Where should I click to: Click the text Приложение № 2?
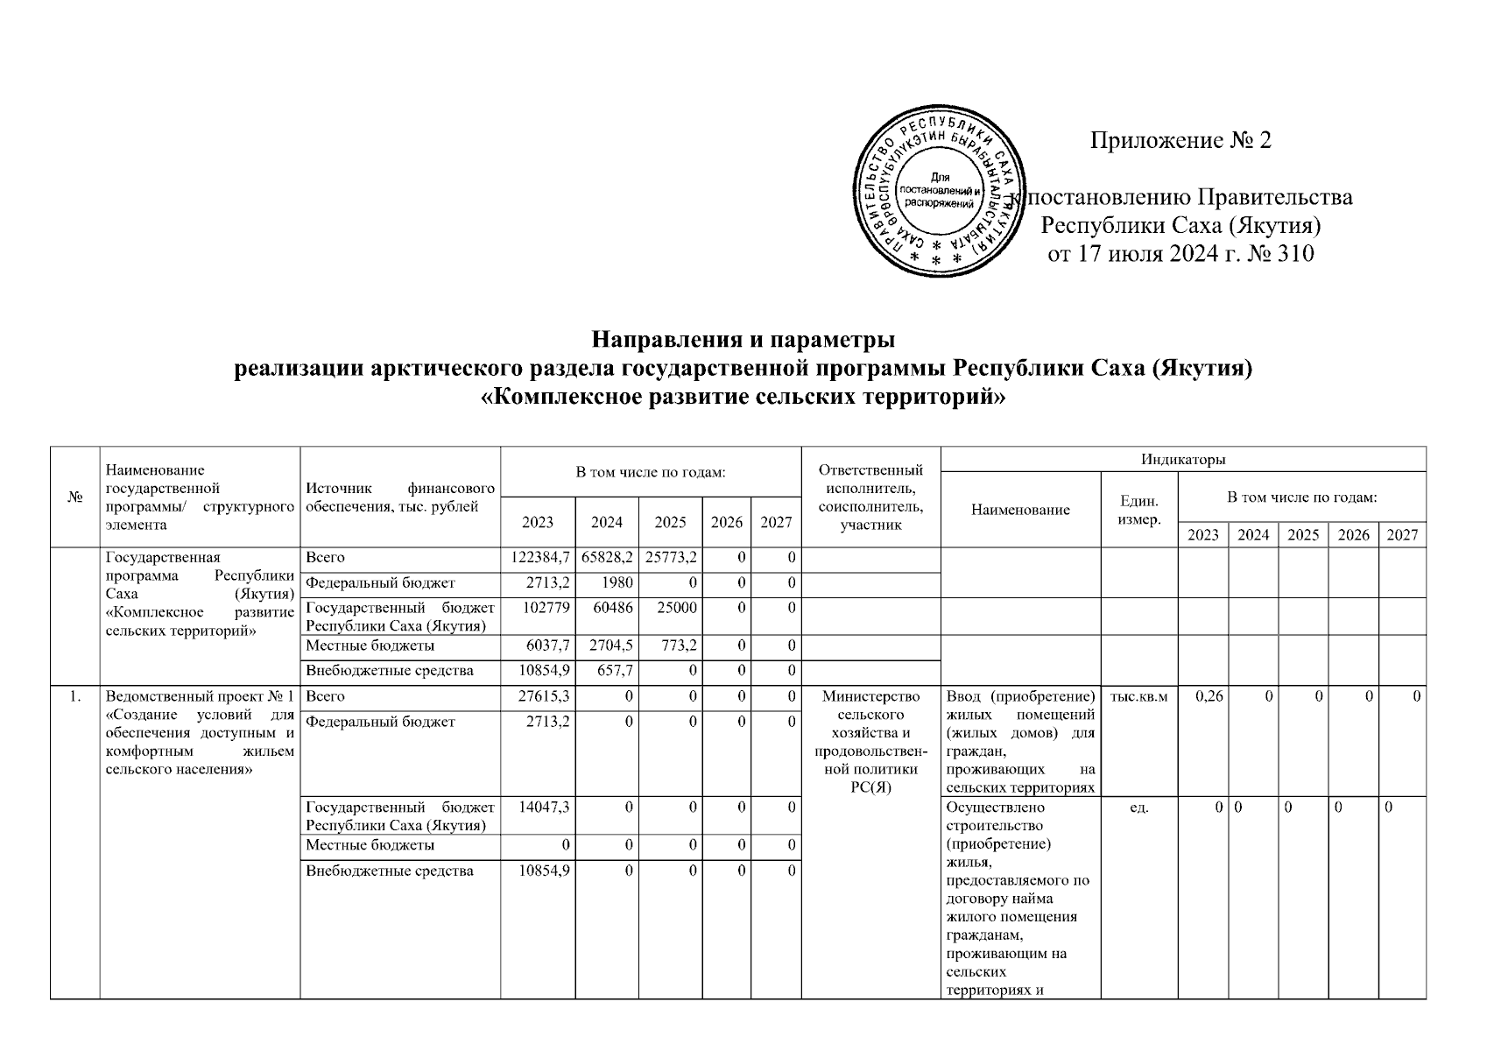pos(1180,140)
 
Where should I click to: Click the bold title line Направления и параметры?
pos(743,338)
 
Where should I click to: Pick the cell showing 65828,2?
pos(607,557)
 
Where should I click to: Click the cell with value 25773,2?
pos(670,557)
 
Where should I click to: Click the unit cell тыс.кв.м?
pos(1138,696)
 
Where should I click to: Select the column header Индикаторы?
pos(1182,459)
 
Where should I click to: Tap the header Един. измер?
pos(1139,510)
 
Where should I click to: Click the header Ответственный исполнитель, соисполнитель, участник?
pos(870,497)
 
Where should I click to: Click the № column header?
pos(75,497)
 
